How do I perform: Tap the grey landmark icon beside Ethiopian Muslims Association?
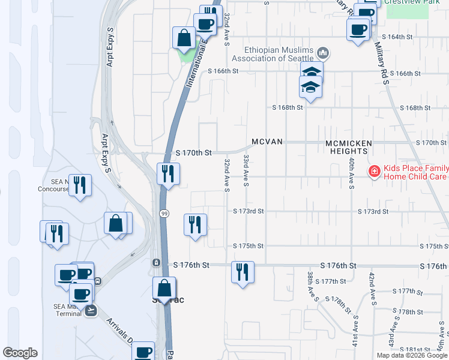pyautogui.click(x=323, y=53)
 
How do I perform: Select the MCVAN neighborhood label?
pyautogui.click(x=267, y=142)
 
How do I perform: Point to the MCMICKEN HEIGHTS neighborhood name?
pyautogui.click(x=349, y=147)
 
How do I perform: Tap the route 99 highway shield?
pyautogui.click(x=163, y=213)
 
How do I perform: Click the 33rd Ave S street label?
pyautogui.click(x=246, y=170)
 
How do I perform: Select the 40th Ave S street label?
pyautogui.click(x=351, y=174)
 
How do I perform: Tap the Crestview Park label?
pyautogui.click(x=408, y=2)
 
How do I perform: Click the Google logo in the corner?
pyautogui.click(x=20, y=353)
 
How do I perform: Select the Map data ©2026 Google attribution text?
pyautogui.click(x=411, y=355)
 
